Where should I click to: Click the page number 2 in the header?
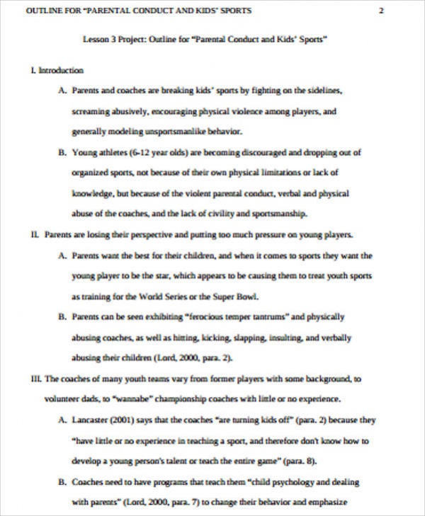382,11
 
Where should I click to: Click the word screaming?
89,112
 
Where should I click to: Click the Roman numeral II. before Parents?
35,234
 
